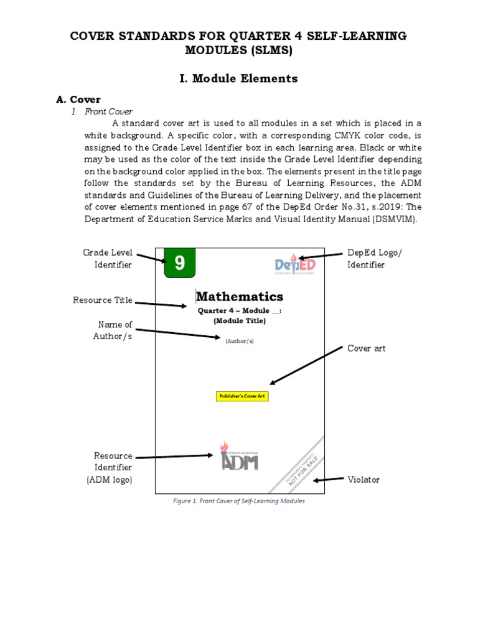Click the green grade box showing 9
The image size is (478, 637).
[x=179, y=263]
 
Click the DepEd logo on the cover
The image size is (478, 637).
[x=295, y=264]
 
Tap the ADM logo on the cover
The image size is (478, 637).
[x=240, y=457]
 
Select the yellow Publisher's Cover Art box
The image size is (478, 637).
[x=242, y=396]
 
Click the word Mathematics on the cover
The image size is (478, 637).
[x=240, y=297]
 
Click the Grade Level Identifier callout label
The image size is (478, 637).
[x=108, y=258]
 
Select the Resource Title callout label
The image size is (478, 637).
[x=103, y=300]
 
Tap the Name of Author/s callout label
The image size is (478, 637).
[x=115, y=330]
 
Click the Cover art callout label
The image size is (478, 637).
[x=366, y=348]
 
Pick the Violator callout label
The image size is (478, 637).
[x=363, y=480]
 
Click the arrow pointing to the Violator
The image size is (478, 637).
[x=328, y=480]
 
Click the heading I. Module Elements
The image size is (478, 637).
[x=238, y=78]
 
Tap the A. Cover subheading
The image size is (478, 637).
[x=78, y=100]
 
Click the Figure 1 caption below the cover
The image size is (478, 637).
[x=239, y=501]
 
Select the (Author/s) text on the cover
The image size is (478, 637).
[x=240, y=341]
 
